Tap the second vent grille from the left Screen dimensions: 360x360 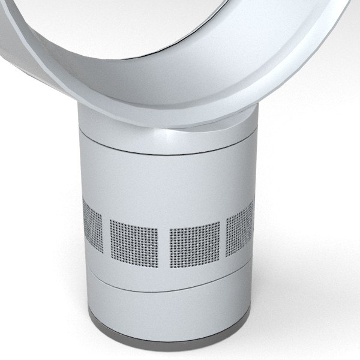click(134, 239)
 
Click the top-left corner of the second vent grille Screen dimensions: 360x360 click(112, 221)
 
